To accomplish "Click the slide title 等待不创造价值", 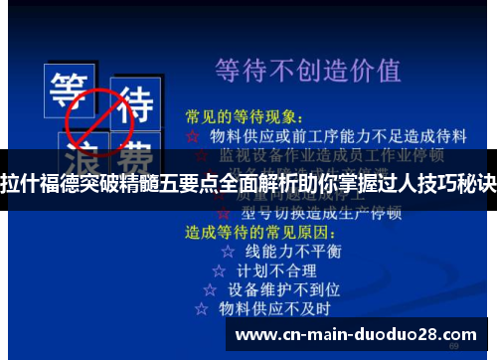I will coord(308,71).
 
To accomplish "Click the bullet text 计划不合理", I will coord(277,270).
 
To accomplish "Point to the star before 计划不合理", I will coord(219,270).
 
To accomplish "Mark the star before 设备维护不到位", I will coord(210,289).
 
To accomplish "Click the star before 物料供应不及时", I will coord(202,309).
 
